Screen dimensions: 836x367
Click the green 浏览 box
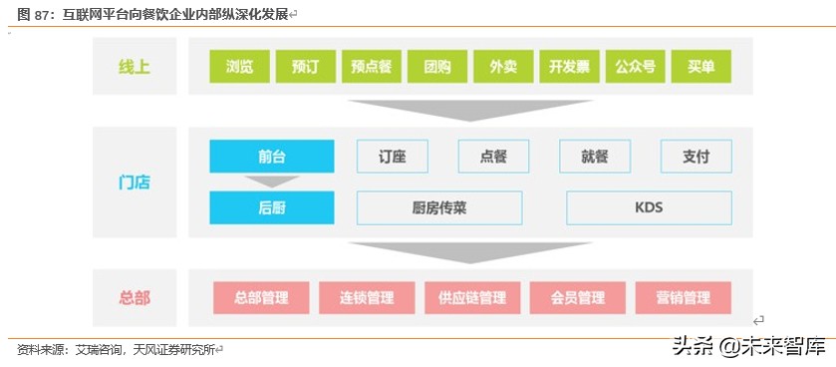tap(239, 67)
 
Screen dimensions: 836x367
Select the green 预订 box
tap(305, 67)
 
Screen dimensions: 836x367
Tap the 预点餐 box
tap(371, 67)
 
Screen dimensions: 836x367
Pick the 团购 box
tap(436, 67)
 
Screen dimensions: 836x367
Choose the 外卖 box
tap(503, 67)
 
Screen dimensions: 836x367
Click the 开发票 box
tap(569, 67)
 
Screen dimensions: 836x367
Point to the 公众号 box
tap(635, 67)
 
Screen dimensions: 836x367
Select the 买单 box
tap(700, 67)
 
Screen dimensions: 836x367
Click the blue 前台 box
tap(271, 157)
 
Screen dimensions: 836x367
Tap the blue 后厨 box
tap(271, 207)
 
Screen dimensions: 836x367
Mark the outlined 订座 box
tap(393, 157)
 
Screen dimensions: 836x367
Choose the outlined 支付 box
tap(696, 157)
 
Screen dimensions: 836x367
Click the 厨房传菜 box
tap(438, 207)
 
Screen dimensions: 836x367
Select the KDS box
tap(649, 207)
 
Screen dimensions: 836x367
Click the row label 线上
tap(134, 67)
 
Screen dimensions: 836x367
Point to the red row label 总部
tap(134, 297)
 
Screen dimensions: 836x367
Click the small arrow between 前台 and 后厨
tap(271, 182)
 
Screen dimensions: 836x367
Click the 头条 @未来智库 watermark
tap(748, 346)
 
